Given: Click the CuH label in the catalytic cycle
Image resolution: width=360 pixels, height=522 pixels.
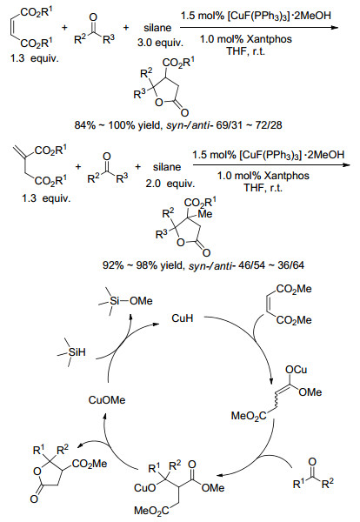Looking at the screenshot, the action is pos(182,318).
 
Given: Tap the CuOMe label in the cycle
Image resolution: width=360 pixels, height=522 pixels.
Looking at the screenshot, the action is pos(107,399).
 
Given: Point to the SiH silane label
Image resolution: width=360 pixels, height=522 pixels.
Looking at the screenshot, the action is pos(77,352).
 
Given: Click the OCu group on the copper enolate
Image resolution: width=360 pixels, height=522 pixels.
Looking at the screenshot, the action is pos(297,370).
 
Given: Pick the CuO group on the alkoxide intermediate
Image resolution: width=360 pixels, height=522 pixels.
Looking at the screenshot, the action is pos(144,488).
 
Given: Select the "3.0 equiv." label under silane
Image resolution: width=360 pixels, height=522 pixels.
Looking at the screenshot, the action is pos(160,43).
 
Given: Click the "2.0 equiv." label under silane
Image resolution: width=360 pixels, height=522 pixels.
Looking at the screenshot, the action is pos(170,183).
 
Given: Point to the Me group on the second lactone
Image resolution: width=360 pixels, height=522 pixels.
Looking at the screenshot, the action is pos(205,214).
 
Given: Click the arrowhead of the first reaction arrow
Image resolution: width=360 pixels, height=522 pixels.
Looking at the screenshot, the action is pos(335,27).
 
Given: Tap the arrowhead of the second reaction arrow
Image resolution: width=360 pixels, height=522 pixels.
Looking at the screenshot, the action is pos(347,164).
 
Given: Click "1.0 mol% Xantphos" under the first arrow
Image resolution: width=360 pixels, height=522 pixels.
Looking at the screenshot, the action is pos(246,39).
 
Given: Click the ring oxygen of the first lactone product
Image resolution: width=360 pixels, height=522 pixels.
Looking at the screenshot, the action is pos(159,103).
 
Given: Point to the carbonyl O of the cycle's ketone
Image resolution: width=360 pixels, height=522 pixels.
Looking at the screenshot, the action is pos(312,462).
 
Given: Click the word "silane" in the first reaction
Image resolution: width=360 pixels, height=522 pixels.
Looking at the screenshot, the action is pos(157,28).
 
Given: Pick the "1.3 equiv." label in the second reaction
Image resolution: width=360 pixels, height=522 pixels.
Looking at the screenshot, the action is pos(46,198).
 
